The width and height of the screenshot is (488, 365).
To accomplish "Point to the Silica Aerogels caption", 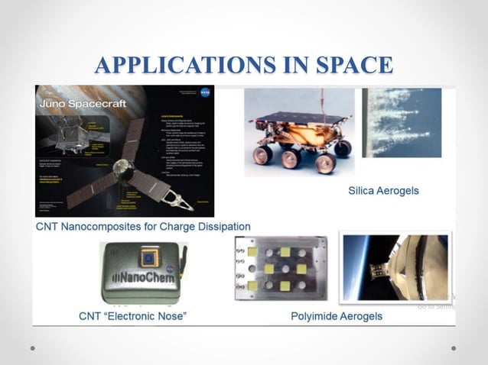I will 383,190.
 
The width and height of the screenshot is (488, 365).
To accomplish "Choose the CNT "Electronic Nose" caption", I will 132,315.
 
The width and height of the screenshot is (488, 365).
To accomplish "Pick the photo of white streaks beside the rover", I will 401,122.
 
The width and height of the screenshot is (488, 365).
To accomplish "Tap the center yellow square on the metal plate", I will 282,269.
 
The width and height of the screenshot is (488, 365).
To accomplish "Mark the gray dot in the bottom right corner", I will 454,348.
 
